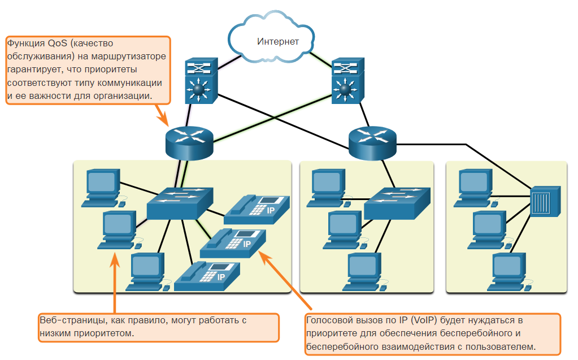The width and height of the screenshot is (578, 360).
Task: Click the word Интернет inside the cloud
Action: [277, 41]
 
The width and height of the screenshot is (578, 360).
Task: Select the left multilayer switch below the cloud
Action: [201, 80]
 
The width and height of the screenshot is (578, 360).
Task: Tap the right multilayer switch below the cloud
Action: [347, 80]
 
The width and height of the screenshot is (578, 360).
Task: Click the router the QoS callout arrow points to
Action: [189, 143]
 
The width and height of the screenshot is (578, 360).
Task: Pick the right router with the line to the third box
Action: [372, 143]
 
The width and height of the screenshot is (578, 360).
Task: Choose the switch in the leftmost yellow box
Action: [180, 203]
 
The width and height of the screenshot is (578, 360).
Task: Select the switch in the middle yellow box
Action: [397, 203]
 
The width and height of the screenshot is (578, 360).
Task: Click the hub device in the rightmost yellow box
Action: [545, 201]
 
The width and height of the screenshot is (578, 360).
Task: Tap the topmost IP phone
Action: [257, 210]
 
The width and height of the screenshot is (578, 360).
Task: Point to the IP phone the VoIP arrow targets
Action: [233, 243]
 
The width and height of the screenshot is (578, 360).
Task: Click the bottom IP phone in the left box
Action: [207, 276]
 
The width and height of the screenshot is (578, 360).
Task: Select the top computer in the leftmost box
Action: [103, 188]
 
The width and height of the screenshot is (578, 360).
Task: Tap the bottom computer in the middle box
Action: [365, 272]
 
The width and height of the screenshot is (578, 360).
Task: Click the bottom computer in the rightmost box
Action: [510, 272]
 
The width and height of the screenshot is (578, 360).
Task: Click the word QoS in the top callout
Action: [58, 43]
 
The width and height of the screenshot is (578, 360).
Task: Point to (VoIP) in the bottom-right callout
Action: [424, 320]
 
